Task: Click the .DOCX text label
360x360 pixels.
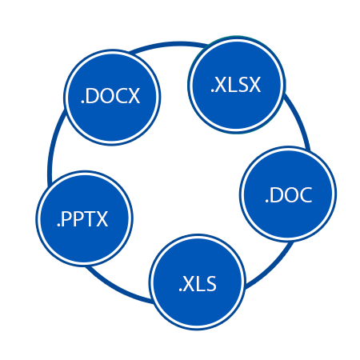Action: (x=110, y=96)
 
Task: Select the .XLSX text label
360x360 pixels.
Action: (x=236, y=85)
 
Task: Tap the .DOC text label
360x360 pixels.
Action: (x=289, y=195)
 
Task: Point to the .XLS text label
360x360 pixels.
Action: (x=198, y=284)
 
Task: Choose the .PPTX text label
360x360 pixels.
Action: (x=82, y=219)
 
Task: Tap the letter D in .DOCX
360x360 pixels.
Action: (x=92, y=96)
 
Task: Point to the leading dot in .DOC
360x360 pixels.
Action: (x=266, y=202)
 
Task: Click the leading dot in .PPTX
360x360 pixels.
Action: (x=58, y=226)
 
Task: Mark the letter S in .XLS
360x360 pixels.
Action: (x=210, y=284)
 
